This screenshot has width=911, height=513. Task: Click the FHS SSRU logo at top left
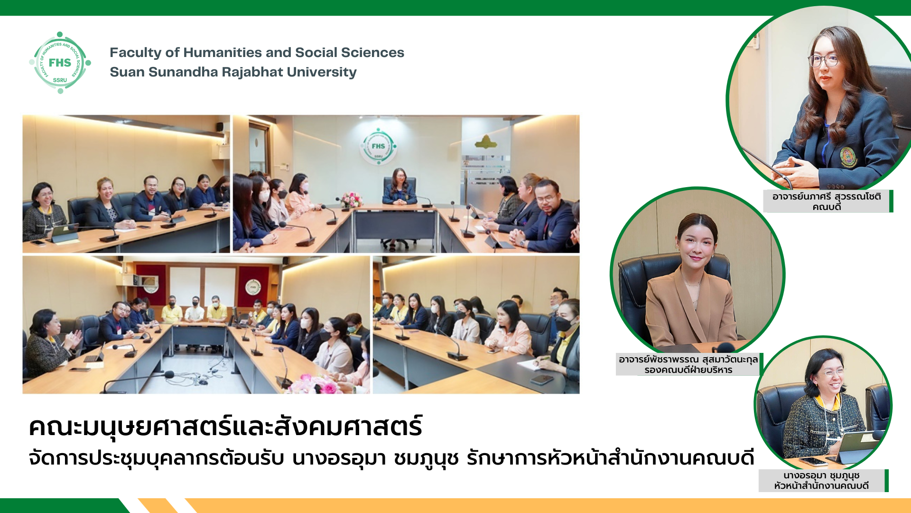point(60,63)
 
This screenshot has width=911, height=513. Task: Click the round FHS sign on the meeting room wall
point(378,146)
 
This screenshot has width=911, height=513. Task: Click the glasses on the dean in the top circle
point(823,60)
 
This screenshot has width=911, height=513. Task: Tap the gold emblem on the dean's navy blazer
point(848,157)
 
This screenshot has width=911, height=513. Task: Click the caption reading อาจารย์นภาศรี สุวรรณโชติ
point(827,196)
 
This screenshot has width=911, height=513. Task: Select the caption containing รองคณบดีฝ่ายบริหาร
point(688,370)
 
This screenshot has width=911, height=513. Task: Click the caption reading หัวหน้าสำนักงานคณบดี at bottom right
point(821,486)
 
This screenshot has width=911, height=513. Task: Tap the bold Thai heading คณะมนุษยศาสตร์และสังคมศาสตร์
point(225,426)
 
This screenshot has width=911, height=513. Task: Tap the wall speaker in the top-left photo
point(220,127)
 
